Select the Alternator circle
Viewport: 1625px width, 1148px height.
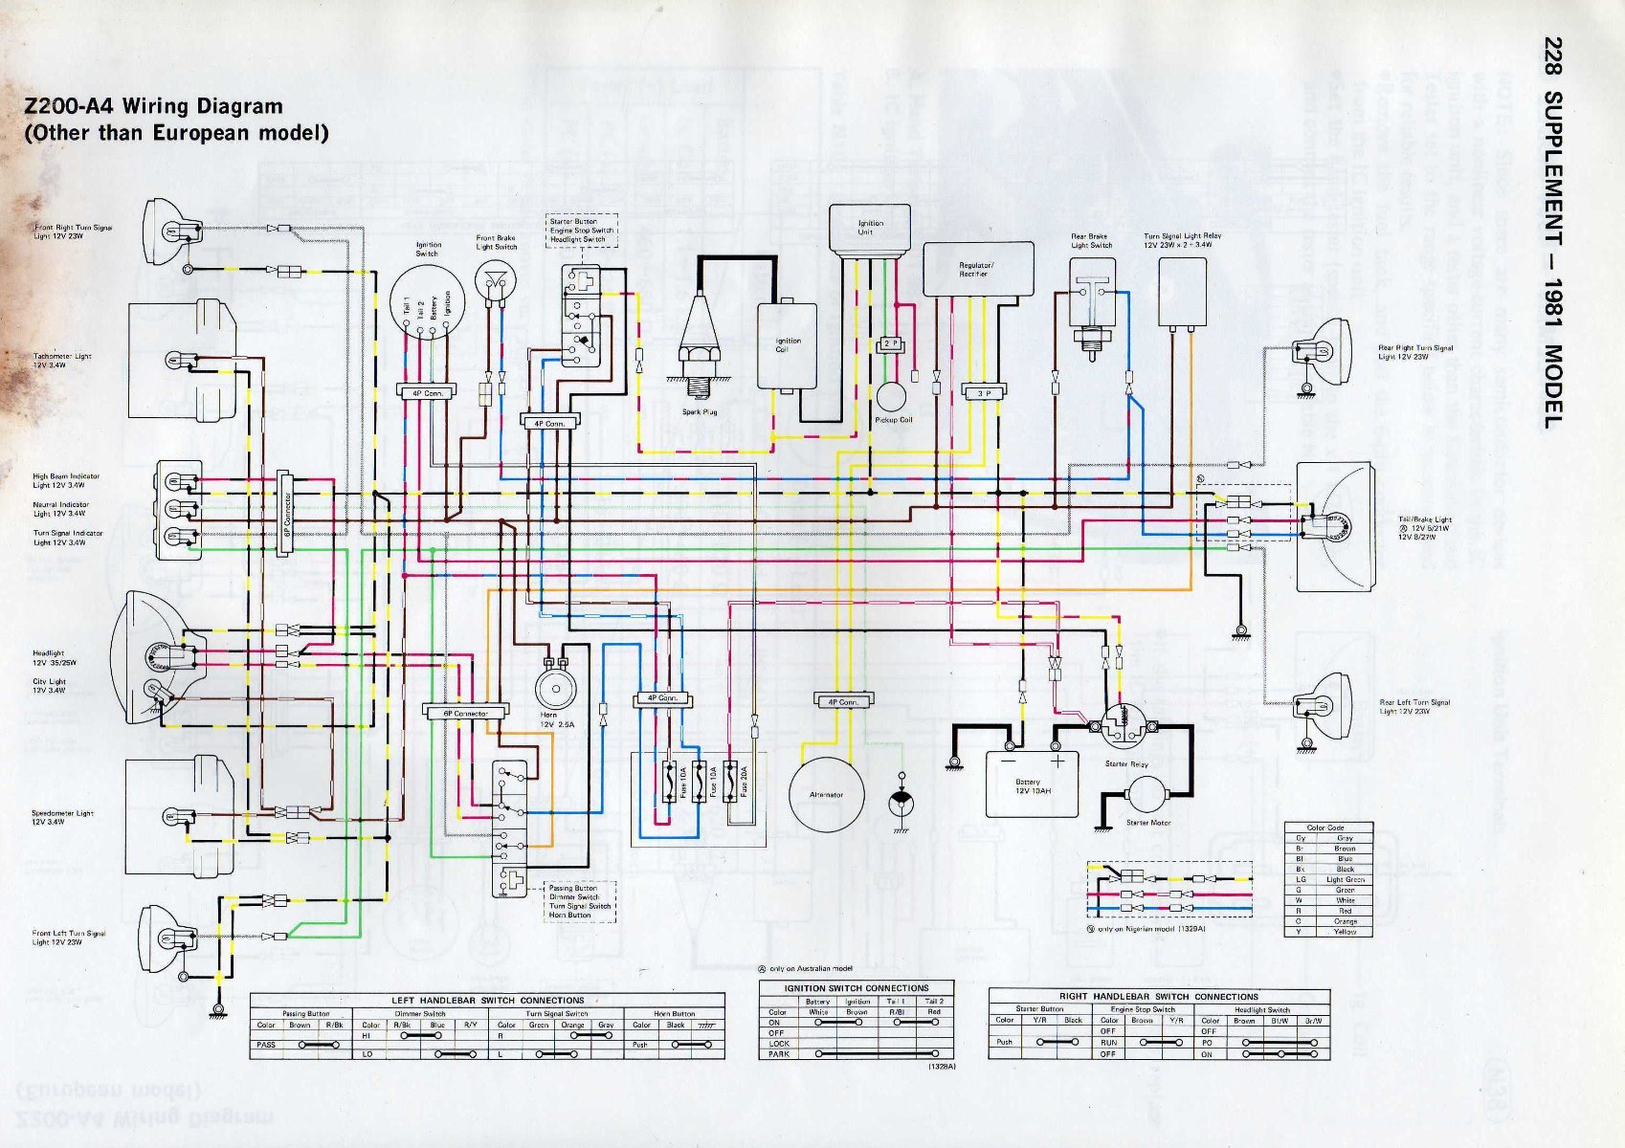click(x=826, y=794)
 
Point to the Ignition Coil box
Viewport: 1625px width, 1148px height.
click(x=787, y=345)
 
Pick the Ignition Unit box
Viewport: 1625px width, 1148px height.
click(x=869, y=229)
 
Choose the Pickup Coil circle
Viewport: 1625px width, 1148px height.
click(x=891, y=397)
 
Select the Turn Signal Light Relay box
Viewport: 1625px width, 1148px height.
click(x=1182, y=291)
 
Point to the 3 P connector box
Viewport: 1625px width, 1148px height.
click(x=984, y=393)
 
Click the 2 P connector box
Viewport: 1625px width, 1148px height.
click(x=890, y=343)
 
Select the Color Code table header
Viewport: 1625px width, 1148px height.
click(x=1325, y=828)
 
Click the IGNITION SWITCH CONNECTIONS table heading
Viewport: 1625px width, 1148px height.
click(x=856, y=988)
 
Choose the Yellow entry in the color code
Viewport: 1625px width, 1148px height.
click(x=1345, y=932)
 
